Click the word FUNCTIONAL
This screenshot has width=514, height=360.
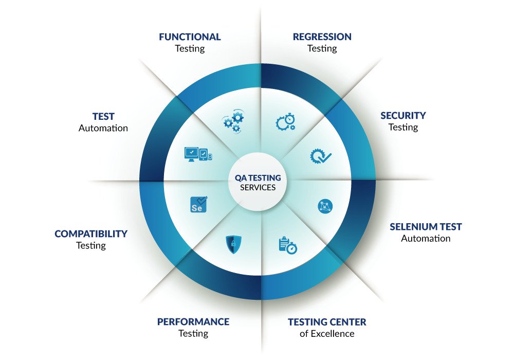(x=190, y=37)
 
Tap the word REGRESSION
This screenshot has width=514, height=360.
(x=322, y=37)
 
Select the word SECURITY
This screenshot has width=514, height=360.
(x=403, y=116)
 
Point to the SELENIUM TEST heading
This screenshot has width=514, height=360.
(x=426, y=227)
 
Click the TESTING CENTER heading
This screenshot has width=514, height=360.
(x=327, y=322)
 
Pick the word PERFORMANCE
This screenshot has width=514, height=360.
(x=193, y=322)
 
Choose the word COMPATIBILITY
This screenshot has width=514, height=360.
(x=91, y=234)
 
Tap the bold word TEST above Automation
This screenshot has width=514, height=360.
(x=103, y=117)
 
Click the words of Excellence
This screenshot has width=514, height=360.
(x=327, y=334)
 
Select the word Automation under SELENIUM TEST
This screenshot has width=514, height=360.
(x=426, y=239)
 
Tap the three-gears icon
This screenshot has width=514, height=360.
(x=233, y=121)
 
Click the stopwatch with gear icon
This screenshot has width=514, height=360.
(x=285, y=122)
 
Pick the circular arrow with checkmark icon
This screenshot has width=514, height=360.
(x=321, y=155)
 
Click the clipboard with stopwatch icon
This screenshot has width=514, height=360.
(x=287, y=245)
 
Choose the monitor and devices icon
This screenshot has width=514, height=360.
(x=197, y=154)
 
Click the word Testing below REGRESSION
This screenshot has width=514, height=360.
(x=322, y=49)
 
